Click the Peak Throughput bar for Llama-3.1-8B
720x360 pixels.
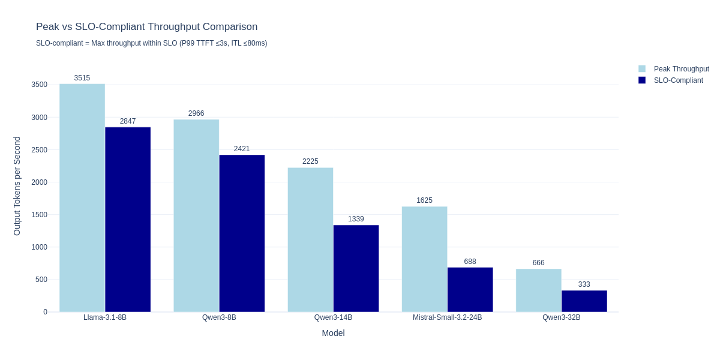click(82, 198)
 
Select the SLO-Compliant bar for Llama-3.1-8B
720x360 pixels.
click(128, 220)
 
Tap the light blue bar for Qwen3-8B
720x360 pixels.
click(196, 216)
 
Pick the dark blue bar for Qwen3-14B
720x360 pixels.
click(356, 268)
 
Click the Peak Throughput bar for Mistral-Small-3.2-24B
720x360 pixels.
click(424, 259)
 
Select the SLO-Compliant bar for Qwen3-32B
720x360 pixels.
click(584, 301)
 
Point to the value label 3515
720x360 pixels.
click(82, 78)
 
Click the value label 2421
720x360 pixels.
click(242, 149)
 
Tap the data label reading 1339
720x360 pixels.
click(356, 219)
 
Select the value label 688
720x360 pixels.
click(470, 262)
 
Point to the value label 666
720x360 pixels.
click(538, 263)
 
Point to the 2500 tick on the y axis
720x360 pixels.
click(40, 150)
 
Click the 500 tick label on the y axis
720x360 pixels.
click(41, 280)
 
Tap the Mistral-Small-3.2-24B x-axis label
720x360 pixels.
click(447, 317)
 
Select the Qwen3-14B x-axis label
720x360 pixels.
click(333, 317)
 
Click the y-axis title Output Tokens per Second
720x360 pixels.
click(17, 186)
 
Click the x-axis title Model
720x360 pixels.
click(333, 333)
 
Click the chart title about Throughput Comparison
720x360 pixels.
click(146, 27)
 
